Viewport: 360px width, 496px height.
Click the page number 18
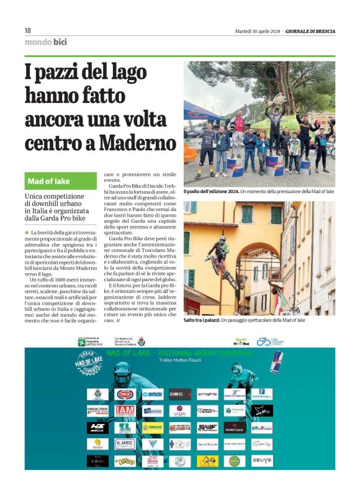coord(27,31)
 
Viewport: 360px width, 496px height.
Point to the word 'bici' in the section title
coord(60,42)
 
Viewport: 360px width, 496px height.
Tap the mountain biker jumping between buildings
coord(218,255)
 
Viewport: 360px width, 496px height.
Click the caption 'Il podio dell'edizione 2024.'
coord(210,192)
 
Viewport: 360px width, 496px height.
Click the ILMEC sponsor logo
coord(124,444)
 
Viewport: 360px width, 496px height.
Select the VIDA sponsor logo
coord(179,411)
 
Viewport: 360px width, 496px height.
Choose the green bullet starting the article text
coord(27,232)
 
